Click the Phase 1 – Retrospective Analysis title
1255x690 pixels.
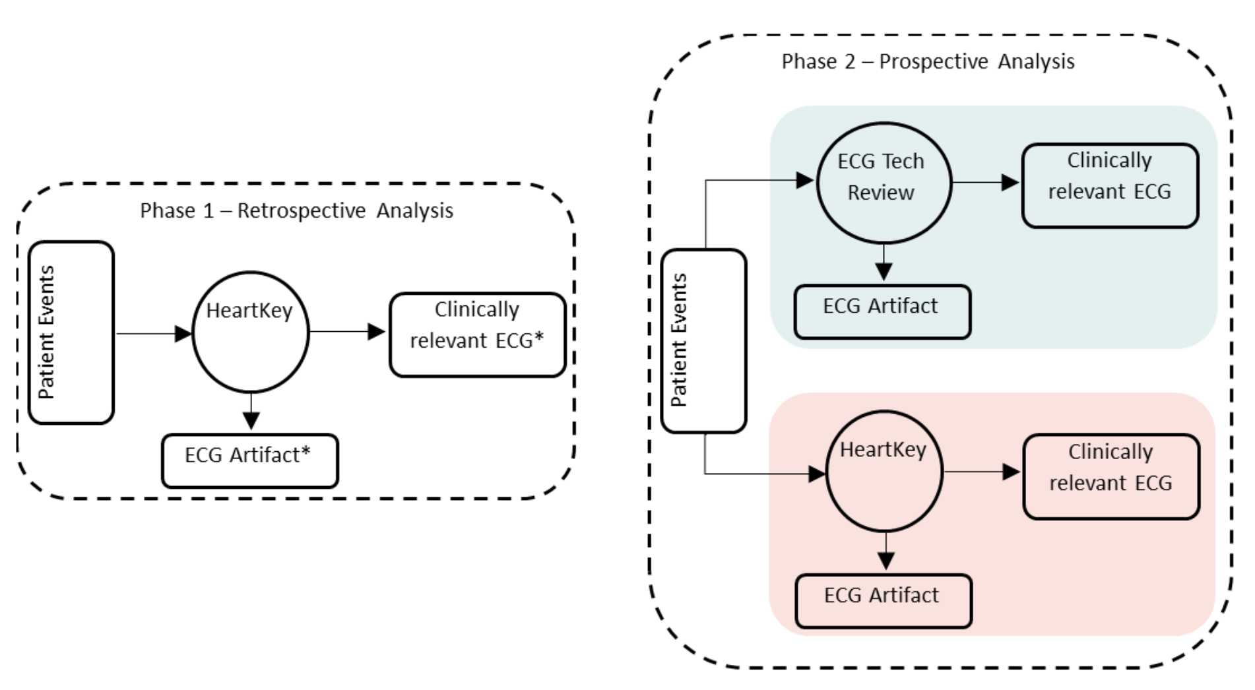coord(296,211)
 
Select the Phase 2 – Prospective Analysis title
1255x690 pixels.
coord(928,62)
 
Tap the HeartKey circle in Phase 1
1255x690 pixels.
coord(250,332)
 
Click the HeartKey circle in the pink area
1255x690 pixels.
coord(884,472)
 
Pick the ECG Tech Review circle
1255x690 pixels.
coord(884,183)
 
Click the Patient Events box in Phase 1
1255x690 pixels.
coord(71,332)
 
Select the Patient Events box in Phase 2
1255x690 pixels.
coord(703,341)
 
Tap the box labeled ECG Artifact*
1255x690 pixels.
coord(249,460)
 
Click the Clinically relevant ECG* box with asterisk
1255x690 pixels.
coord(477,334)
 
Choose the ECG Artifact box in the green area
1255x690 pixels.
coord(882,312)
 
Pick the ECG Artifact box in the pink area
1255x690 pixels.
coord(884,601)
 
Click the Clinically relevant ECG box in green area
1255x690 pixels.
coord(1110,185)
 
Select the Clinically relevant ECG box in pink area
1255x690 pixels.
coord(1111,476)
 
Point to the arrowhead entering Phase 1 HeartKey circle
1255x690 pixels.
coord(183,334)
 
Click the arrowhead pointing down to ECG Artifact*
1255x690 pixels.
coord(251,420)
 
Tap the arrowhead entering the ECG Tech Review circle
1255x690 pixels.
coord(804,180)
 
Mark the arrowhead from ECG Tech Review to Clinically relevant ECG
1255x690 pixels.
coord(1010,182)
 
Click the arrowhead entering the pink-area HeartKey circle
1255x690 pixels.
coord(817,474)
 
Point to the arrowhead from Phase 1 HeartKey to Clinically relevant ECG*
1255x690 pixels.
coord(376,331)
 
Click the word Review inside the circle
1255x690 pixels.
coord(880,193)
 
